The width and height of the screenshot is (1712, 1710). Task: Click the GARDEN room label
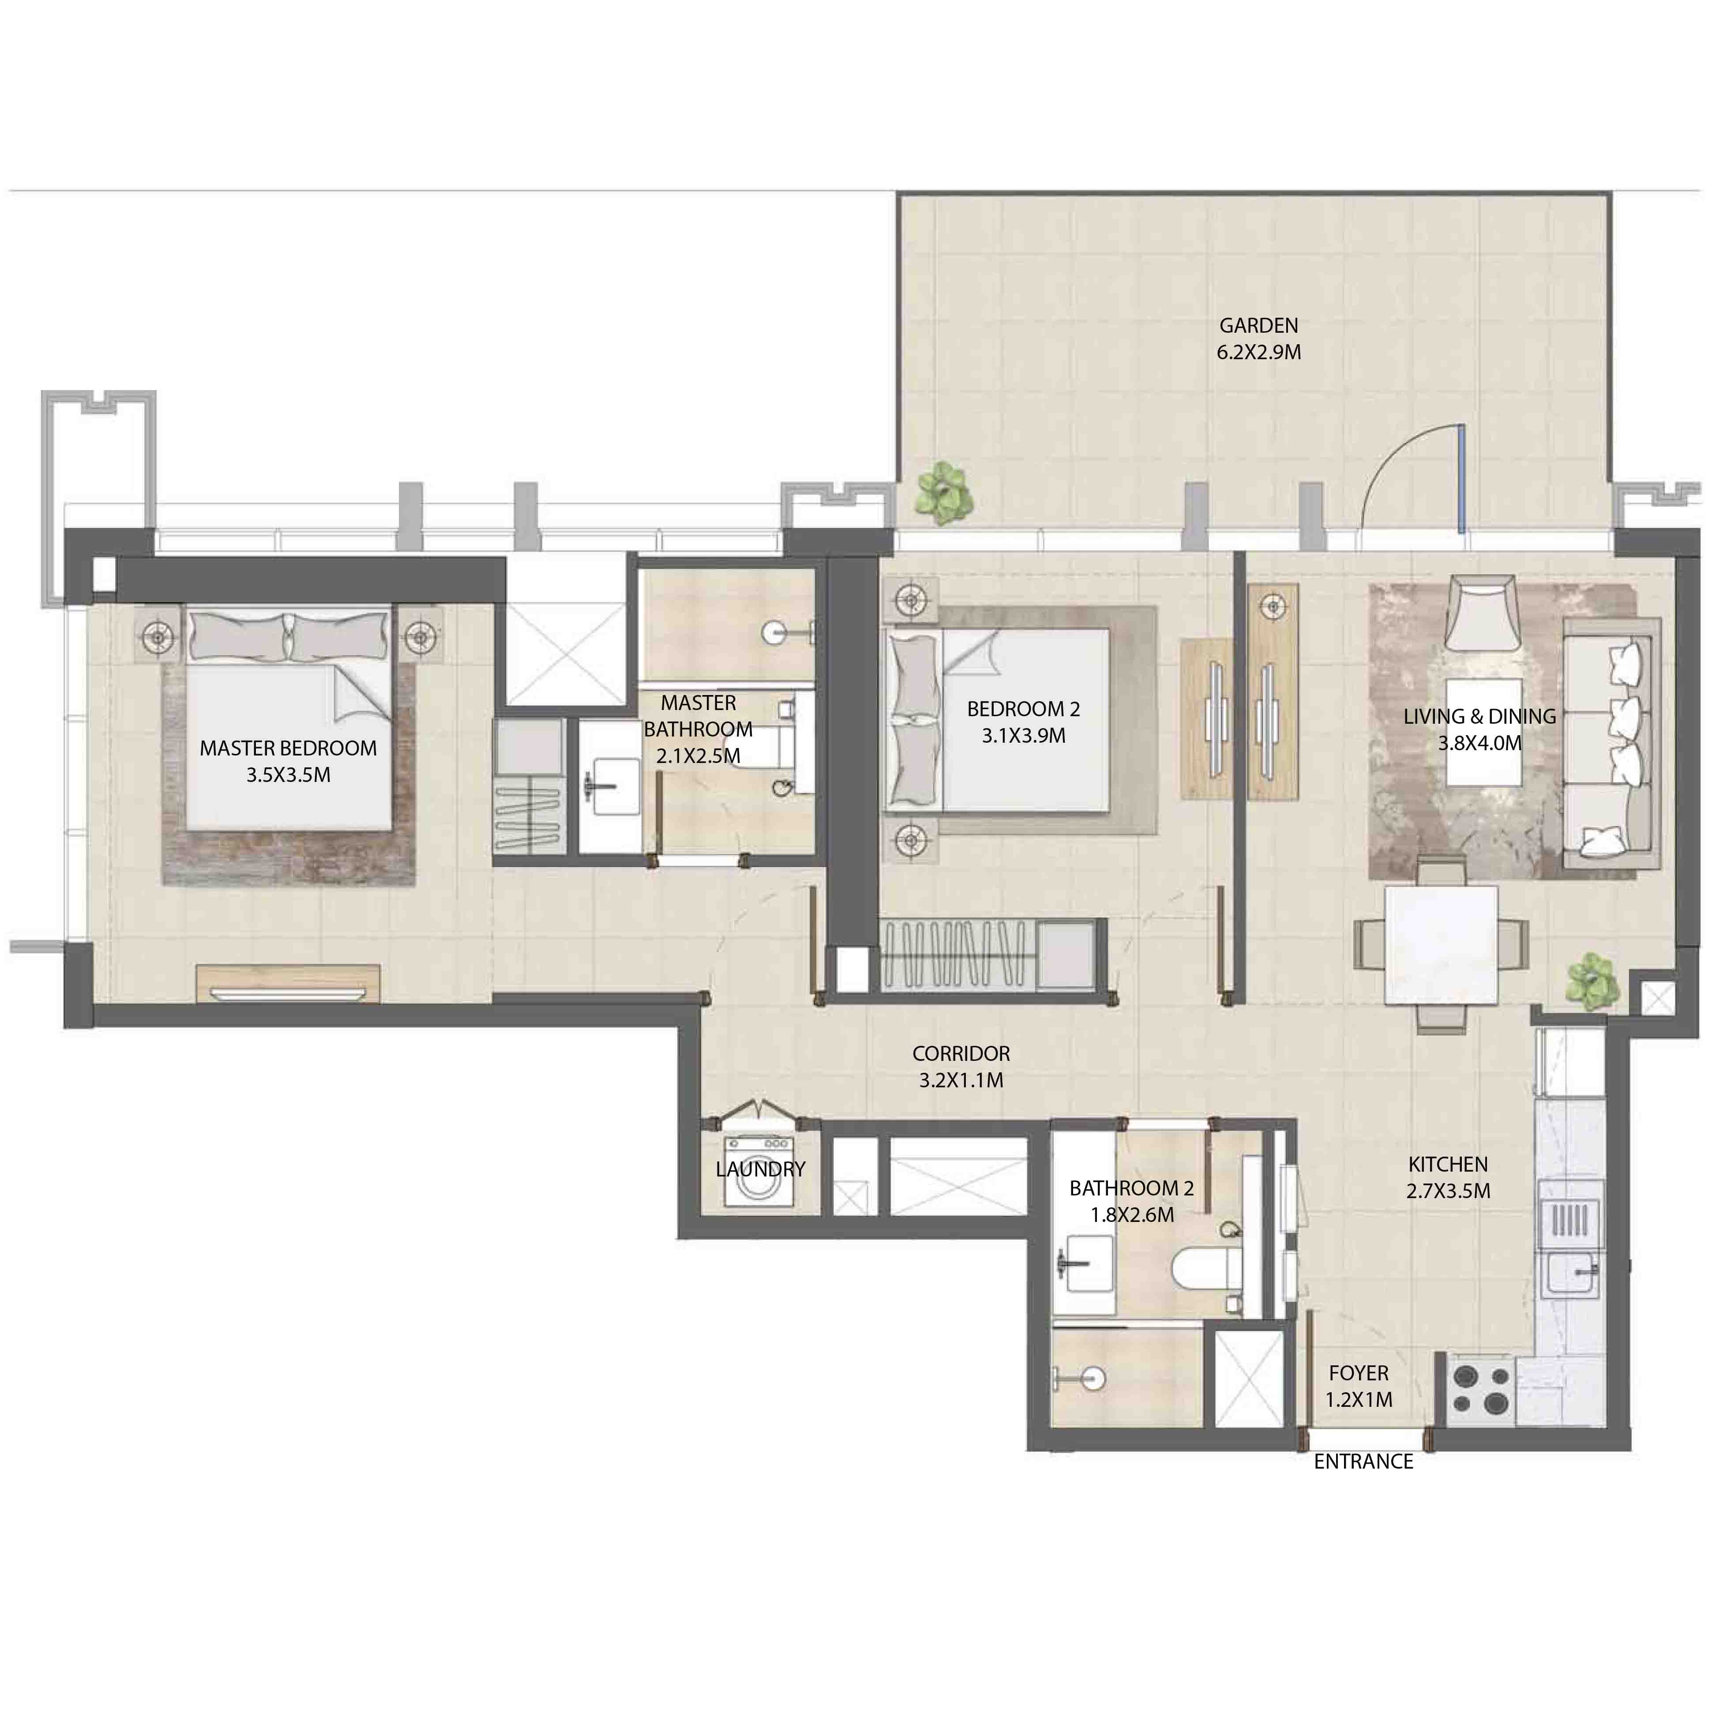(x=1258, y=325)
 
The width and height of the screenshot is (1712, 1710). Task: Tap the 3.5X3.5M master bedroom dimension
(x=288, y=775)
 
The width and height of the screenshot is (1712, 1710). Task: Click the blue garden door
(x=1461, y=478)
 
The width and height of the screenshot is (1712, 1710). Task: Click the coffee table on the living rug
(x=1484, y=732)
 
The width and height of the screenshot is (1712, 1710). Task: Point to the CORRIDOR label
(x=961, y=1053)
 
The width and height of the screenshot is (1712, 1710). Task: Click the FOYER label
(x=1359, y=1373)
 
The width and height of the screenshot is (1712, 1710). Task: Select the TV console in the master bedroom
(x=288, y=983)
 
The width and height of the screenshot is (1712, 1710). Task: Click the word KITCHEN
(x=1448, y=1164)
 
